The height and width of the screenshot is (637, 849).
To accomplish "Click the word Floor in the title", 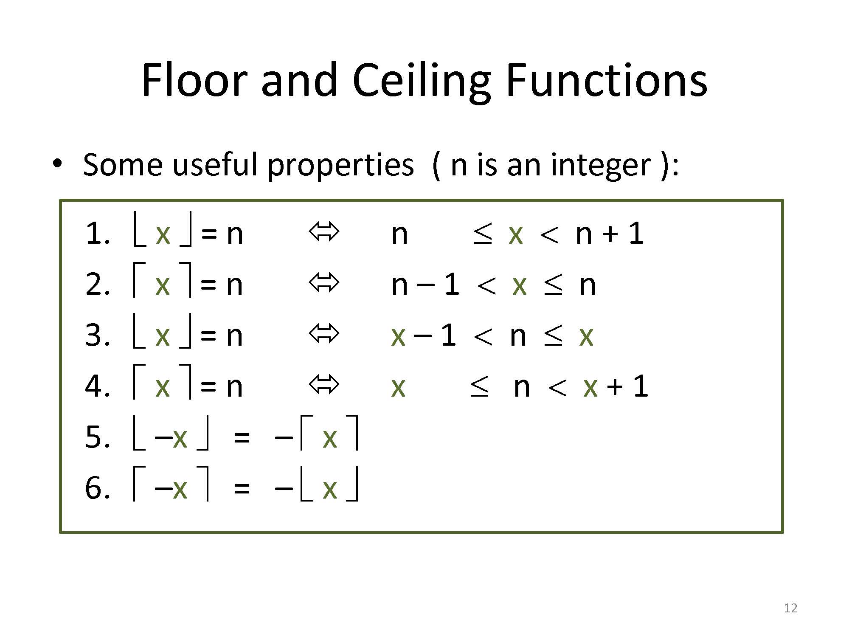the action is point(194,80).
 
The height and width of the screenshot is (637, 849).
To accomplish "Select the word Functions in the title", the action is point(606,80).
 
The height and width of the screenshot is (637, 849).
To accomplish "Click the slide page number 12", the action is point(790,608).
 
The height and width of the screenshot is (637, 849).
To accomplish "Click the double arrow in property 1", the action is point(324,232).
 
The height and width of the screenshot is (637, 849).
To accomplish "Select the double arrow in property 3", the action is point(324,333).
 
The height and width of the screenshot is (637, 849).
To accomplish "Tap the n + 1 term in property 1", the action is point(610,234).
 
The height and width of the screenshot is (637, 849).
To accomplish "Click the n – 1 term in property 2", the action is point(425,285).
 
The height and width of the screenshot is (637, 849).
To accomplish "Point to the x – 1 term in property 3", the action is point(423,335).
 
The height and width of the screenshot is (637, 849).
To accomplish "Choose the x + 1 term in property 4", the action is point(616,386).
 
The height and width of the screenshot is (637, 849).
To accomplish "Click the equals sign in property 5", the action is point(242,437).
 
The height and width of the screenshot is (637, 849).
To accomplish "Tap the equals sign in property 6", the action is point(242,488).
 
